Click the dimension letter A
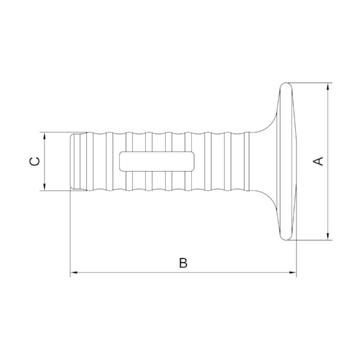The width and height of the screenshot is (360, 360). (x=318, y=161)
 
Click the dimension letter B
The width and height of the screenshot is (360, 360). (x=183, y=263)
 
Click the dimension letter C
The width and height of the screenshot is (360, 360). (x=34, y=161)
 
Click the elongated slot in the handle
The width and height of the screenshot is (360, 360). (x=157, y=161)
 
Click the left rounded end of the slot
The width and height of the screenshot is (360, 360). (x=122, y=161)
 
